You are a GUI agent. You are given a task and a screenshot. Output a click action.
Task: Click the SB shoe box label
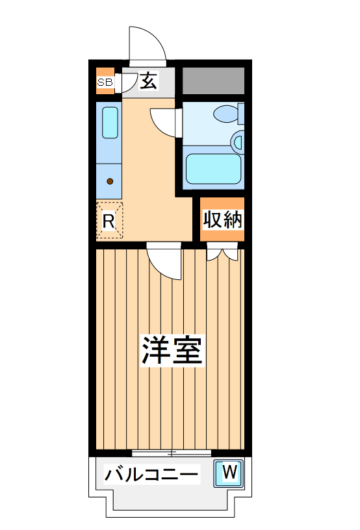point(105,82)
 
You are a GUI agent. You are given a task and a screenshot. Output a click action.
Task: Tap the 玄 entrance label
point(149,82)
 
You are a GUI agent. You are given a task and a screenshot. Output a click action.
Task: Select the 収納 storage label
point(222,220)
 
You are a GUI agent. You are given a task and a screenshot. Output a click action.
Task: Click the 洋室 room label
point(172,351)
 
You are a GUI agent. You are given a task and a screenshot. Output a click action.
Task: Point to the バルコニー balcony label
point(151,475)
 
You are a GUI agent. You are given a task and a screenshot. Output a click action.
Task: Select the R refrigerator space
point(109,221)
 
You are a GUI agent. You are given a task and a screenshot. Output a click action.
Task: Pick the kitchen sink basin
point(110,122)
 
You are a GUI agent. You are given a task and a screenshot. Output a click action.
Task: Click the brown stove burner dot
point(110,181)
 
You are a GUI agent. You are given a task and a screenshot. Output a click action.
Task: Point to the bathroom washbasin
point(238,141)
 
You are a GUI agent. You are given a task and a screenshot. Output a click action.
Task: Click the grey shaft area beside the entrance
point(213,81)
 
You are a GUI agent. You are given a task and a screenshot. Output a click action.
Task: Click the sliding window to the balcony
point(172,453)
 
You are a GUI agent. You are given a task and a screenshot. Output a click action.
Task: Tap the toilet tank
point(241,114)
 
